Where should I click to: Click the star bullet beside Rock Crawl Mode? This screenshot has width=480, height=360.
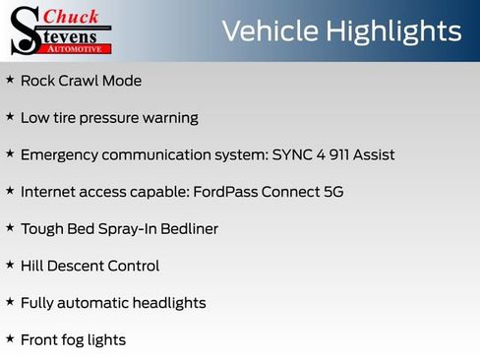pyautogui.click(x=10, y=80)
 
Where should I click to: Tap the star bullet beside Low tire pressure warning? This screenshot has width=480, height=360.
pyautogui.click(x=10, y=117)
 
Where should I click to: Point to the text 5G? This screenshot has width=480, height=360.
pyautogui.click(x=333, y=192)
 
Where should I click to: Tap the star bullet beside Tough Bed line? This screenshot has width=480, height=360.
pyautogui.click(x=10, y=228)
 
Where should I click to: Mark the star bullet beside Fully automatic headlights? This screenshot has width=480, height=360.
pyautogui.click(x=10, y=302)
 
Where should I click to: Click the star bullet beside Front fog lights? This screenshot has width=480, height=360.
pyautogui.click(x=10, y=339)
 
